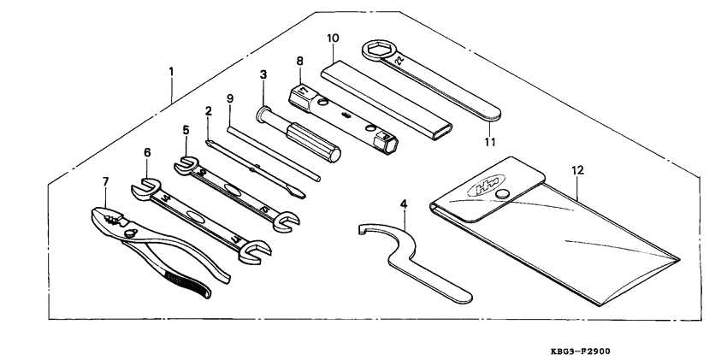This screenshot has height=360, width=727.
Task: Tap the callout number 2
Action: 208,111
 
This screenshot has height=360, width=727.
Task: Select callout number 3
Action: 263,76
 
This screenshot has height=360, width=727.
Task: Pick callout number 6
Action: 147,152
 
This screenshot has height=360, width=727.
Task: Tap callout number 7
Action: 106,182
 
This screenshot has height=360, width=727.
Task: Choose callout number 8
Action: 299,61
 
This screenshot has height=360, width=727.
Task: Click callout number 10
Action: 333,38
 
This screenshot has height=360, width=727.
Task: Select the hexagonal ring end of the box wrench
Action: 377,52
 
